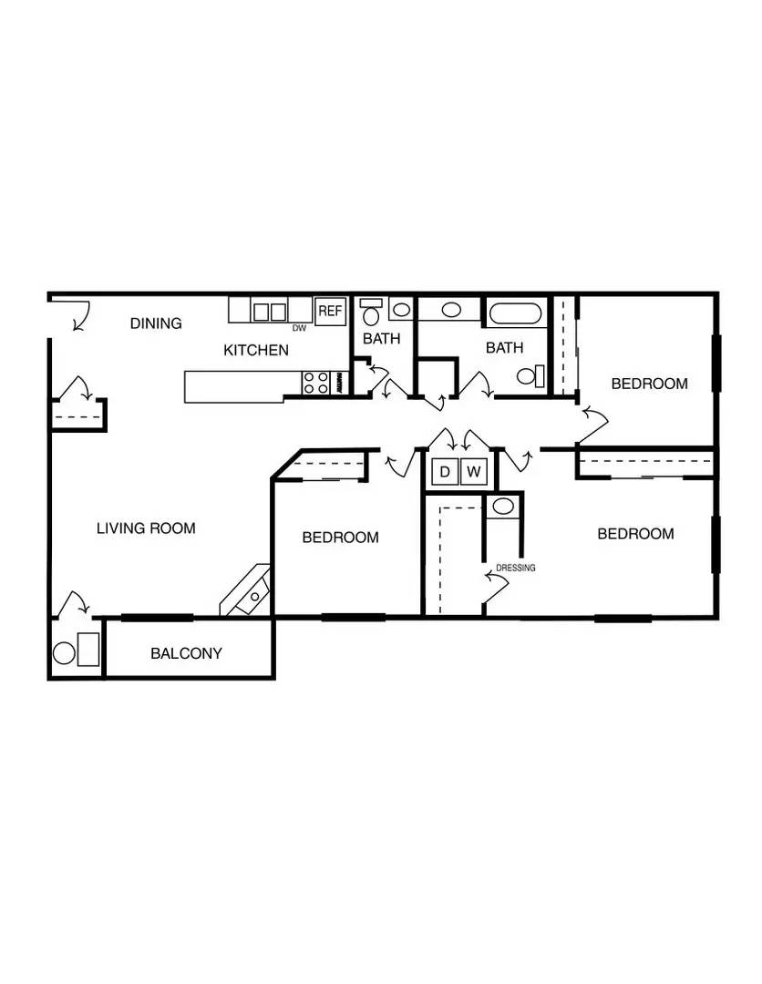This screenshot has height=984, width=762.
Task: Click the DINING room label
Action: click(156, 323)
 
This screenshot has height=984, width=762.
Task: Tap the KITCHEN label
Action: click(256, 350)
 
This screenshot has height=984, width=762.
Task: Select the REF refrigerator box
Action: click(330, 311)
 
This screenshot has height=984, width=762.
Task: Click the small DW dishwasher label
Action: click(299, 328)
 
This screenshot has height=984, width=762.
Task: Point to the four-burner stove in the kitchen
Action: click(316, 383)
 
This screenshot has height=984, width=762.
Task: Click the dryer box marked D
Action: click(445, 471)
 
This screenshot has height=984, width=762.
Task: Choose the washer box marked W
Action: click(474, 471)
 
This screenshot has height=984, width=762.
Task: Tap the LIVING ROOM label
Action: click(146, 528)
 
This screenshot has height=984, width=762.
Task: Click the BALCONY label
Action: click(187, 653)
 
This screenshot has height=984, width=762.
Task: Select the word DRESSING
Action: click(516, 568)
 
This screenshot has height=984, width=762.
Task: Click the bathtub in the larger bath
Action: click(515, 313)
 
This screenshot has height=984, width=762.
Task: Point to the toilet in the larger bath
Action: click(531, 376)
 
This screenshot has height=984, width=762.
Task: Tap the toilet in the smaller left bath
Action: click(372, 313)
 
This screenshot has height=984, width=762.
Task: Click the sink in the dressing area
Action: click(503, 507)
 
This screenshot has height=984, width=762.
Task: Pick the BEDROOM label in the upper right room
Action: click(650, 384)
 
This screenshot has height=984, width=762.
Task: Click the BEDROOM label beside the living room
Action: click(340, 538)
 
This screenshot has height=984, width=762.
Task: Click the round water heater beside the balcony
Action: click(64, 653)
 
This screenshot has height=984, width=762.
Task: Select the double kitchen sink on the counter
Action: click(270, 312)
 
